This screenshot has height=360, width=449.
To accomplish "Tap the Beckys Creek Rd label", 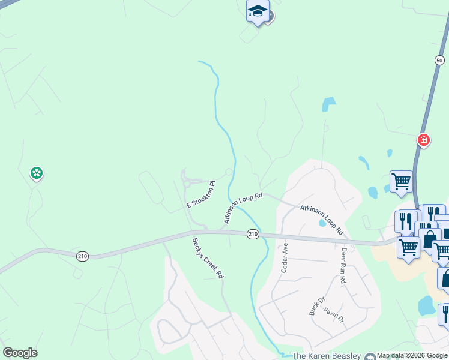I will point(208,258).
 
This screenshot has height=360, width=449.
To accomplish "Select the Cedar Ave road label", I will point(285,257).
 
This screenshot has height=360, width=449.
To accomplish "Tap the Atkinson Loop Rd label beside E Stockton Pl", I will point(243,208).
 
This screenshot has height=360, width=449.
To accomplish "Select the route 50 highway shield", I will point(439,60).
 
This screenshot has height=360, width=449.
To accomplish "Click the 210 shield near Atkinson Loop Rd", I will point(253,234).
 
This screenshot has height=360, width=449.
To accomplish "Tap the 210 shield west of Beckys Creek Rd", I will point(82,255).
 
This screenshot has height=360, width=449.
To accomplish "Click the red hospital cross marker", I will point(424,140).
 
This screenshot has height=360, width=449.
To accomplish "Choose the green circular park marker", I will point(37,173).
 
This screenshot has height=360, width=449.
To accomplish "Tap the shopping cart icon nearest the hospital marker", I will point(400,180).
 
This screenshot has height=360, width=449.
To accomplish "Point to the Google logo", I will point(20,353).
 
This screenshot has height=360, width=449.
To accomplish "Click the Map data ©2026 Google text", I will point(412,356).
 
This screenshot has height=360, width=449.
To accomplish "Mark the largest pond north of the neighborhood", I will point(328,104).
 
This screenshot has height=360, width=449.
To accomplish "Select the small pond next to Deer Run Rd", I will point(323,223).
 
